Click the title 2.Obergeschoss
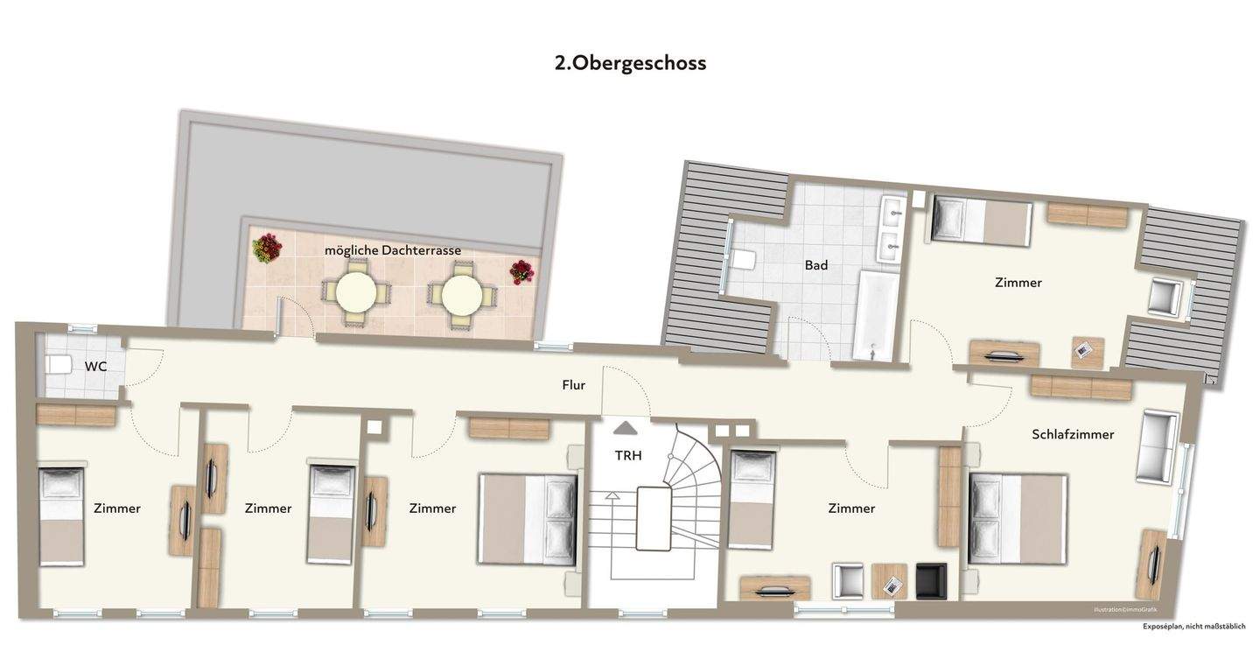click(630, 63)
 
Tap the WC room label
click(95, 367)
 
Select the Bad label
click(815, 265)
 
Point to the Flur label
click(574, 385)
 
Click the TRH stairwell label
click(628, 455)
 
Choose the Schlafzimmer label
click(1073, 434)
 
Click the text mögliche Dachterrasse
click(393, 250)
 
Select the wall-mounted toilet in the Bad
click(745, 260)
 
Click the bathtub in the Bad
click(876, 315)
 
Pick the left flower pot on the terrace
click(267, 249)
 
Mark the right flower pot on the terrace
click(521, 271)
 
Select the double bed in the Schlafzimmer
click(1018, 518)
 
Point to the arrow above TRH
click(626, 428)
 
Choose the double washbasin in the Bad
click(893, 229)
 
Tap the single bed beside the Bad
click(980, 221)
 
